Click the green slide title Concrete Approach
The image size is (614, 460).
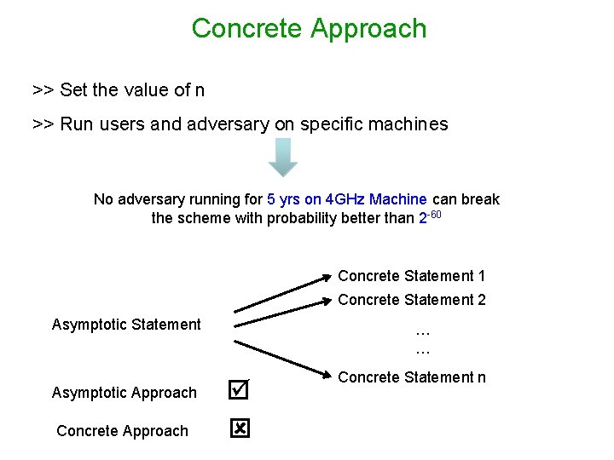pos(309,28)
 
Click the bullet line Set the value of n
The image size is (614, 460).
pos(119,89)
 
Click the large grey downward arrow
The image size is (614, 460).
pos(283,157)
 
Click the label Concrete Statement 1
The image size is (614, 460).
pos(412,276)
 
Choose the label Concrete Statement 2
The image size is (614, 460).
pos(412,300)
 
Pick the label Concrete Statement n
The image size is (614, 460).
pos(412,377)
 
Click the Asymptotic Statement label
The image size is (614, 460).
pos(126,325)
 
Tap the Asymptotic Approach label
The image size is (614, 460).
pos(125,393)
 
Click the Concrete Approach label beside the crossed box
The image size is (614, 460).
pos(122,431)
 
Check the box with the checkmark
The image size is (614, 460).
pos(240,391)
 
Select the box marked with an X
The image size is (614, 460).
pos(240,430)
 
